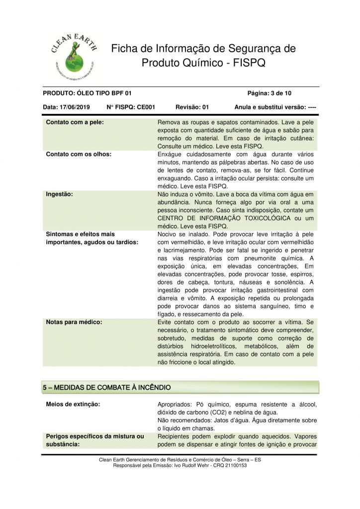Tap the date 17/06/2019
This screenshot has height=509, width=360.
click(x=74, y=107)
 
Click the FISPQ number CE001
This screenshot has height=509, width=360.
click(x=145, y=107)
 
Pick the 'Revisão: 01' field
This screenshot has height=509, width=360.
click(x=192, y=107)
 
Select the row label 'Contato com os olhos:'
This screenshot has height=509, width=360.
click(x=79, y=154)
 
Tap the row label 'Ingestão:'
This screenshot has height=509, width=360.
click(x=60, y=194)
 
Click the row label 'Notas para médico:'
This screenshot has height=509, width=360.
click(x=74, y=322)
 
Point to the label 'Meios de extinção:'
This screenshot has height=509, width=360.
click(x=73, y=404)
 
